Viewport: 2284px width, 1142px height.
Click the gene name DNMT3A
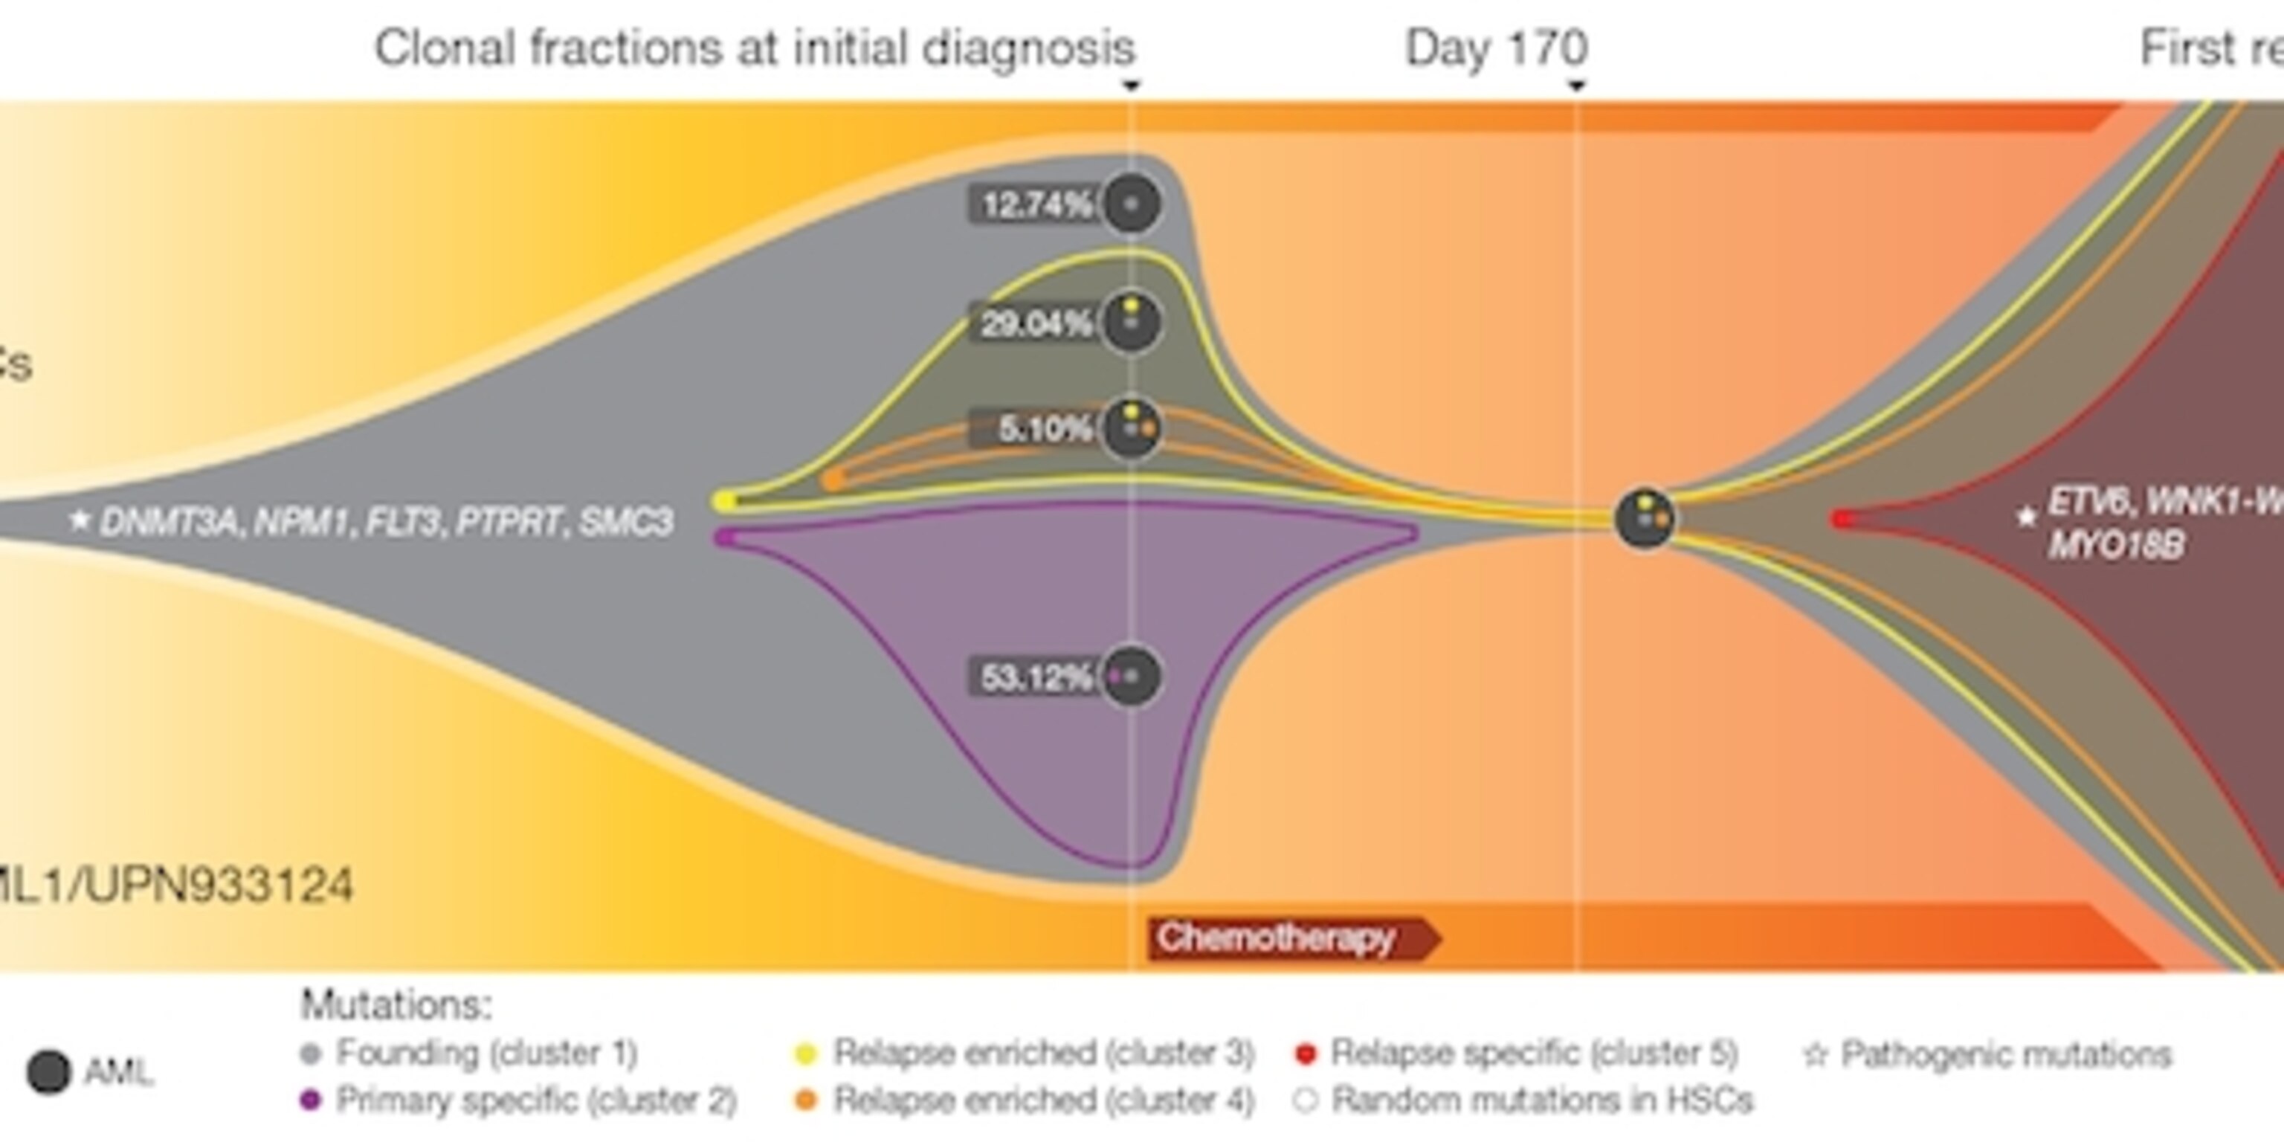[169, 522]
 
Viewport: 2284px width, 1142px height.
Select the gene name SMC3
[626, 521]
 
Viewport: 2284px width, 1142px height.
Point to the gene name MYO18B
[2115, 544]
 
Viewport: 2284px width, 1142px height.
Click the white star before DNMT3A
[80, 520]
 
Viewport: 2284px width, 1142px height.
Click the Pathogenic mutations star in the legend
[1816, 1054]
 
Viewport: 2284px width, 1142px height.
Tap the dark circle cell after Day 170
[1645, 519]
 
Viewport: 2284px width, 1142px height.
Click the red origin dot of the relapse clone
[1843, 520]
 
